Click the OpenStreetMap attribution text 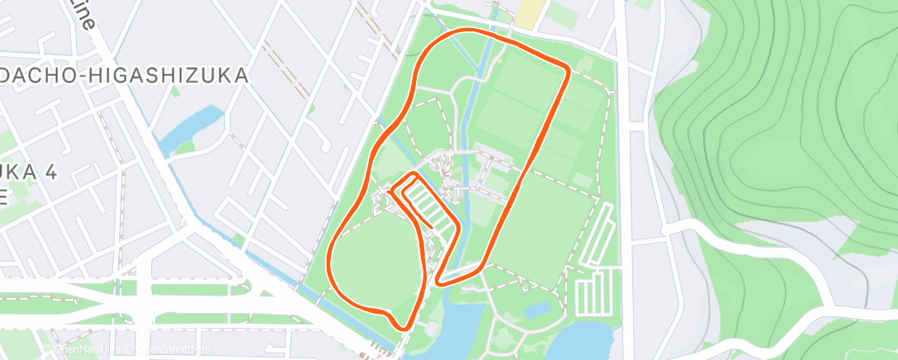(x=169, y=349)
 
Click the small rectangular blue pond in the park (x=539, y=310)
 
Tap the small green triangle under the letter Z (x=185, y=148)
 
